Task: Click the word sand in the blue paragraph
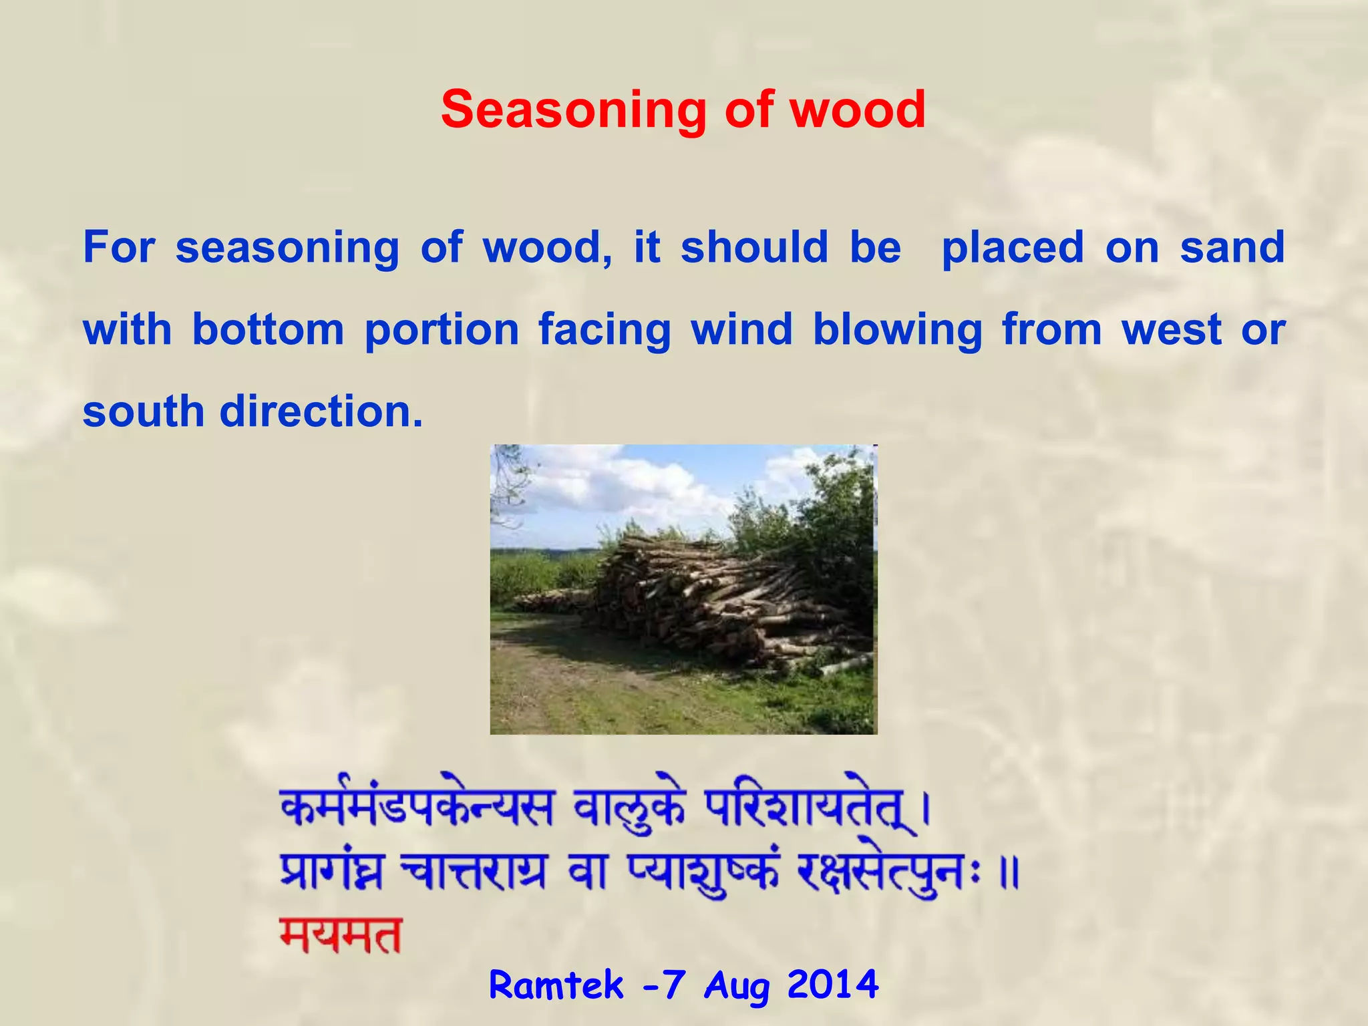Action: [x=1232, y=247]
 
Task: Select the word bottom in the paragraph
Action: [x=268, y=329]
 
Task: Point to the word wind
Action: [x=741, y=329]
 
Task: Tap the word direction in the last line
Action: [x=321, y=411]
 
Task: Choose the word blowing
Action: [x=897, y=331]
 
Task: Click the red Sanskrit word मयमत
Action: [x=341, y=935]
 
